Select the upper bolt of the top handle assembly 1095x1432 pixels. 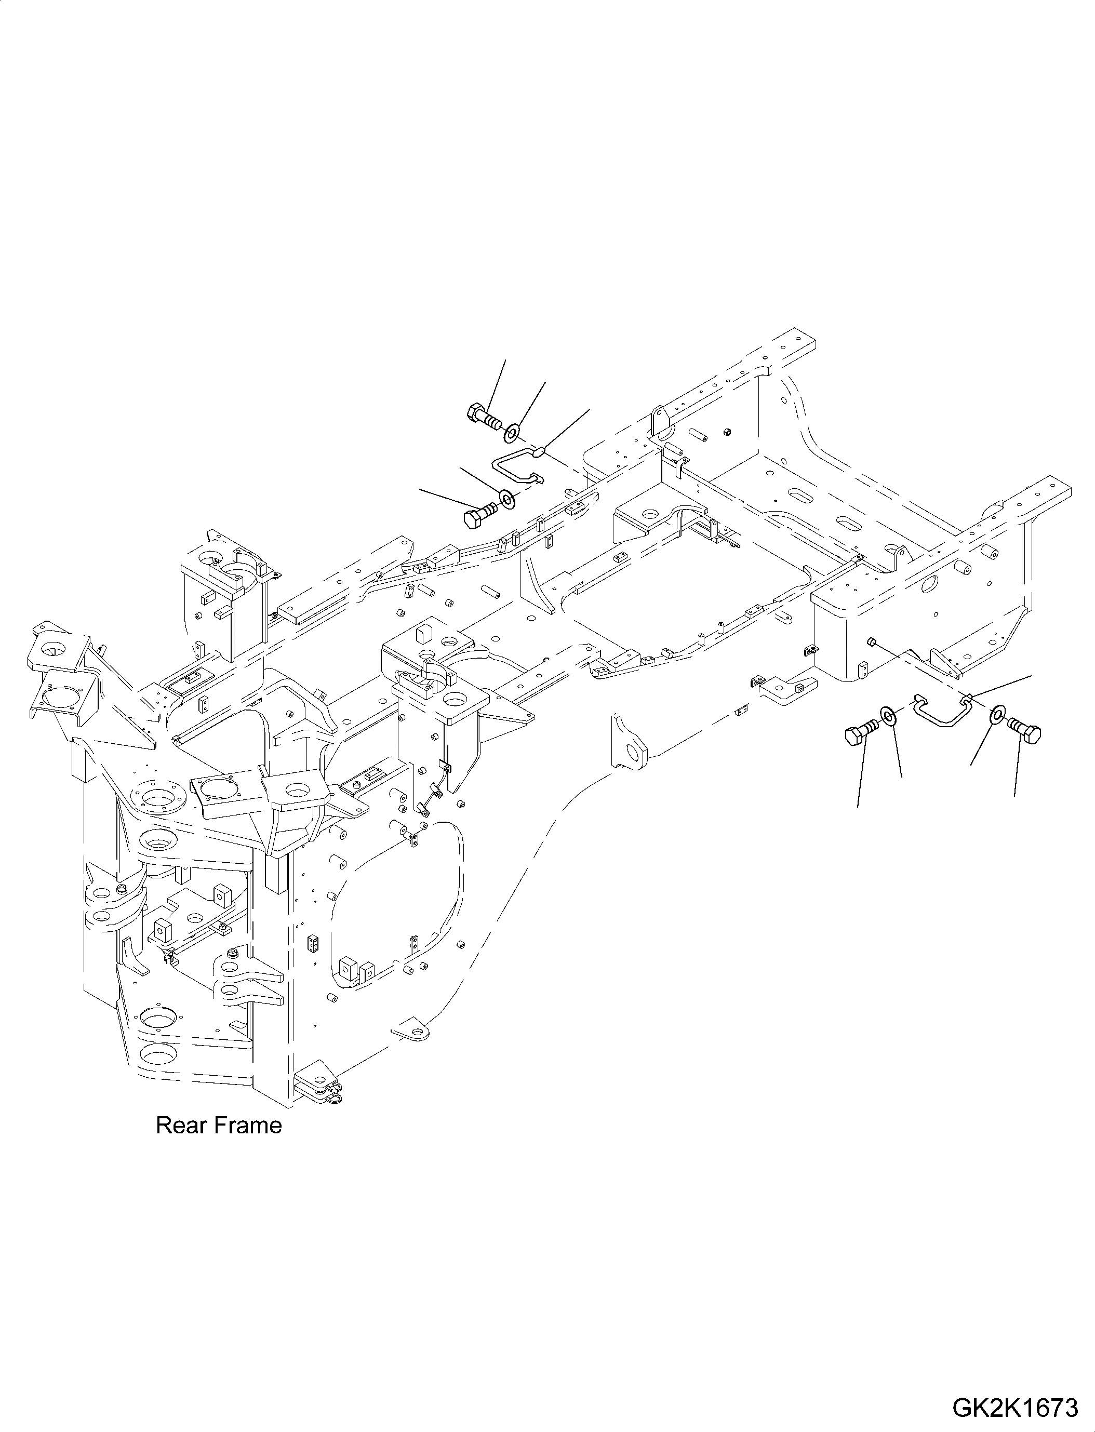coord(483,416)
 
